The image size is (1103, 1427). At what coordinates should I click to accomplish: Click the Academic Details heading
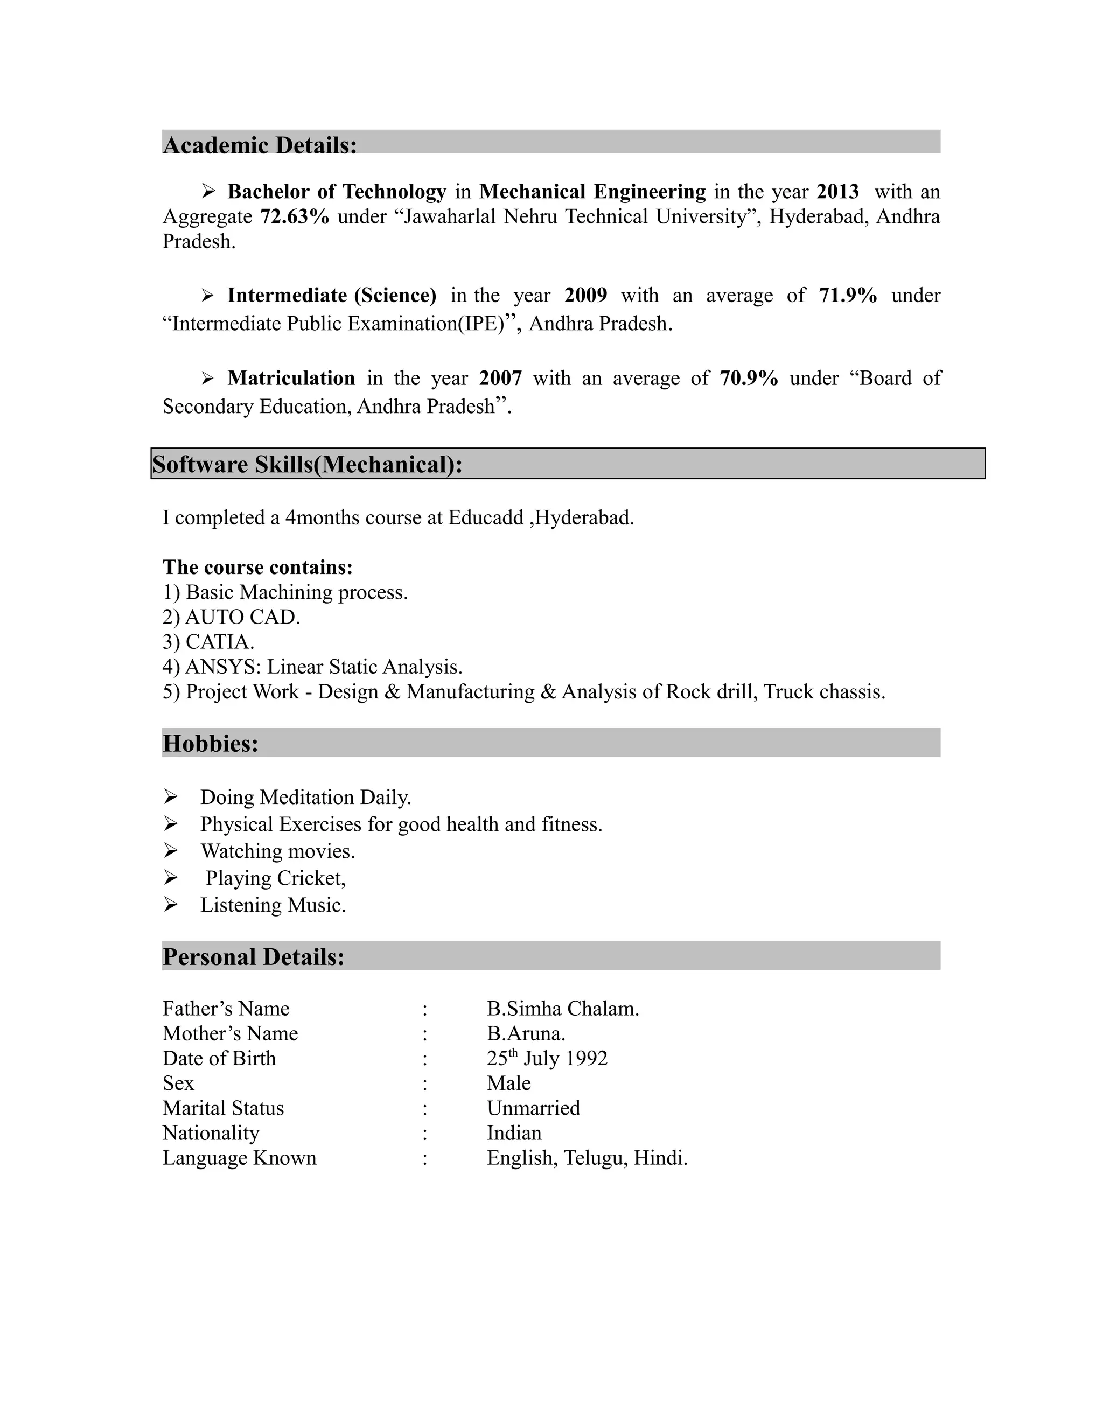point(260,145)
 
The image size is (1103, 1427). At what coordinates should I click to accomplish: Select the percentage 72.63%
point(294,216)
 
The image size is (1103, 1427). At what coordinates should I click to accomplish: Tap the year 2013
point(837,192)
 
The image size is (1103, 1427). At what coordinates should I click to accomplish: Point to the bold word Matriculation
point(291,379)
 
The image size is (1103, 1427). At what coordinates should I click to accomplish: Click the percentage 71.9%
point(848,295)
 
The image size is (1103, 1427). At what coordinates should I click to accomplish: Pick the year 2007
point(500,379)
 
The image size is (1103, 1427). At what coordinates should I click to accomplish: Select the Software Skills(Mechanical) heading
point(307,465)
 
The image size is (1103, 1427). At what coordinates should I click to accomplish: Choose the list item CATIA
point(219,642)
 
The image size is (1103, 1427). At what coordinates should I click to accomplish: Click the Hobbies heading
point(211,744)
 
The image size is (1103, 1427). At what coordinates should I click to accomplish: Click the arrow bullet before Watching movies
point(171,851)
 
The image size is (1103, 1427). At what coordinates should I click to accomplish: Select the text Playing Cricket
point(275,878)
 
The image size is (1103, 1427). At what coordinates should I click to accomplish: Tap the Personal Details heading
point(253,957)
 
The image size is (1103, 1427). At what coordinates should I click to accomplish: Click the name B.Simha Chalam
point(563,1009)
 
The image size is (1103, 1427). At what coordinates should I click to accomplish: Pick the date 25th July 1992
point(547,1059)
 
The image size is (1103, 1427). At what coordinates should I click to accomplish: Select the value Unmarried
point(533,1108)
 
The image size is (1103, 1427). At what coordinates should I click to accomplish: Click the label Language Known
point(239,1158)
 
